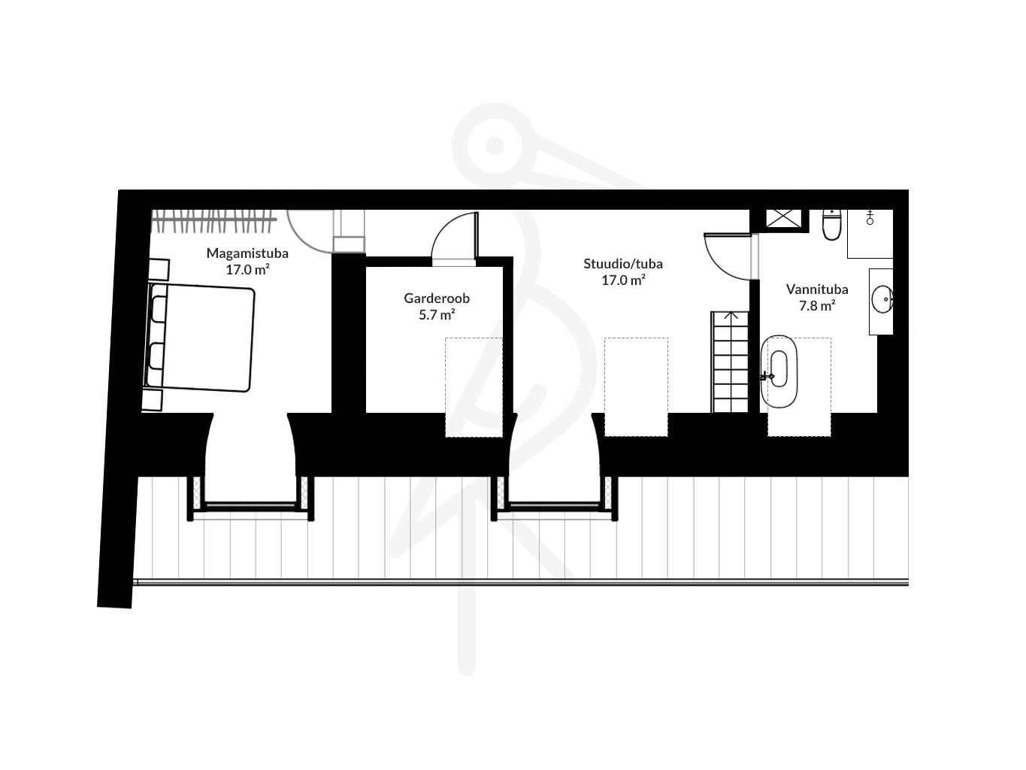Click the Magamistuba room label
247,253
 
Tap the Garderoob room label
437,299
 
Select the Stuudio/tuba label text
623,264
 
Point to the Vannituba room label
817,290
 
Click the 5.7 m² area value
437,314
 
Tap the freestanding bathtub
779,371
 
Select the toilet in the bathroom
831,226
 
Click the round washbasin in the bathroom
882,299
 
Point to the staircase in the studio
730,362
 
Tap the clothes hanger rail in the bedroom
214,220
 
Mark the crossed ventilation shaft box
783,218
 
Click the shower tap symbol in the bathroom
870,217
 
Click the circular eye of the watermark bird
495,145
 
